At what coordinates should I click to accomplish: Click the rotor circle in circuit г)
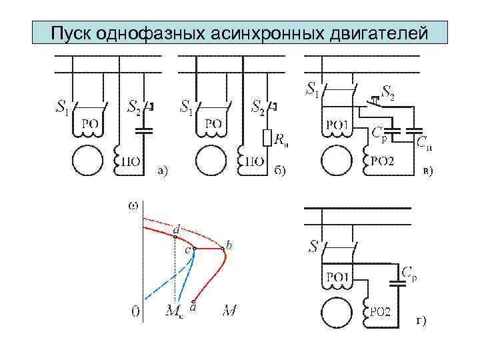(x=337, y=312)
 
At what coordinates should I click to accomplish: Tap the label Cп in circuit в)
(x=424, y=142)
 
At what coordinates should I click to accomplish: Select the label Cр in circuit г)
(x=411, y=272)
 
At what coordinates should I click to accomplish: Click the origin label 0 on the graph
(x=135, y=311)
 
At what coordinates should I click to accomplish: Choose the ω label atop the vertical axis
(x=133, y=205)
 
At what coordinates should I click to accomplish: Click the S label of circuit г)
(x=313, y=247)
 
